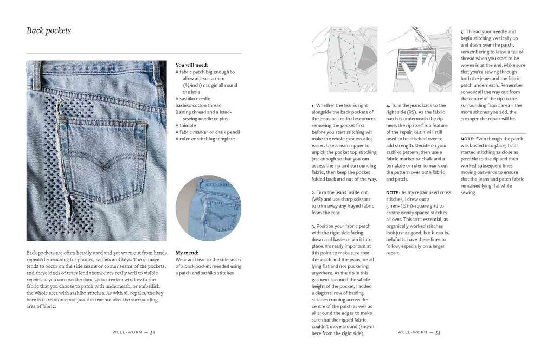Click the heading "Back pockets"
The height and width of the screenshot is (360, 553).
coord(49,31)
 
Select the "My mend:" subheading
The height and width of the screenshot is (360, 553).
coord(187,253)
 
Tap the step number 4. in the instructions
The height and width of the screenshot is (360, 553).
coord(388,105)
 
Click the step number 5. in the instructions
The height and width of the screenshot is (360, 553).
coord(462,32)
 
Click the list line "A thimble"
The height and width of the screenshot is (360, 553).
coord(187,125)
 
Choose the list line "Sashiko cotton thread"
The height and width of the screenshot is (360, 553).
coord(198,105)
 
